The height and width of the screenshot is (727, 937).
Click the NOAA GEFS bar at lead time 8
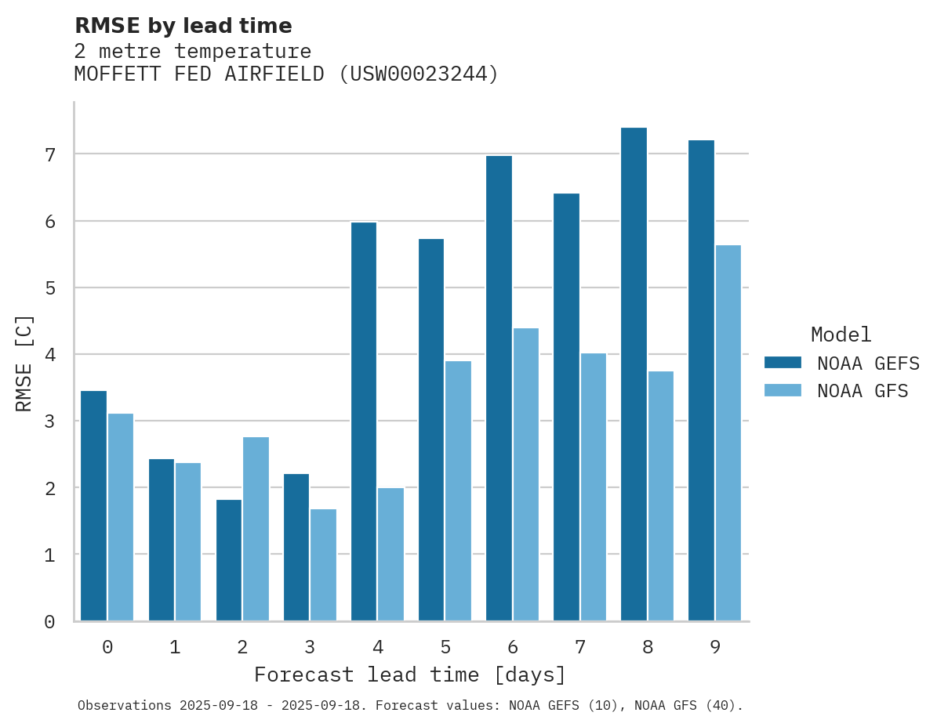tap(634, 374)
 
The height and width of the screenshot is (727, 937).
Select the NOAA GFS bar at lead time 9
tap(728, 433)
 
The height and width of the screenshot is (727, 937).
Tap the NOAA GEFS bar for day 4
tap(364, 421)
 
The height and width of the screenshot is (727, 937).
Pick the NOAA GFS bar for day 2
tap(256, 529)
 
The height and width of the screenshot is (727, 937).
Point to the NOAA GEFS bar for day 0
tap(93, 506)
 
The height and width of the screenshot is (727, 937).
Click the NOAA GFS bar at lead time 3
tap(323, 565)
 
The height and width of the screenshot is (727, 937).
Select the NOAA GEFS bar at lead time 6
tap(499, 389)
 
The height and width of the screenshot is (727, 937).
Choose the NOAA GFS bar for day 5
tap(458, 491)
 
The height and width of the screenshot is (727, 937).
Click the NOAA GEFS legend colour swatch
tap(783, 363)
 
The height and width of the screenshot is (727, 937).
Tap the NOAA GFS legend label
tap(863, 391)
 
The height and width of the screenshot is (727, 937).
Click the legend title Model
tap(841, 335)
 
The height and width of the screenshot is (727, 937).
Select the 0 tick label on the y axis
tap(49, 622)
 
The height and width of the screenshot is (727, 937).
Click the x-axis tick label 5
tap(445, 648)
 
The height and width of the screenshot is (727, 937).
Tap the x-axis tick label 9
tap(715, 648)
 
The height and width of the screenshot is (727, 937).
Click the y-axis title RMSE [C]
tap(24, 363)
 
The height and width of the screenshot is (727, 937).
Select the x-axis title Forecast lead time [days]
tap(410, 675)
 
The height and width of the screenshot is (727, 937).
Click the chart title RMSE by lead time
tap(183, 26)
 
